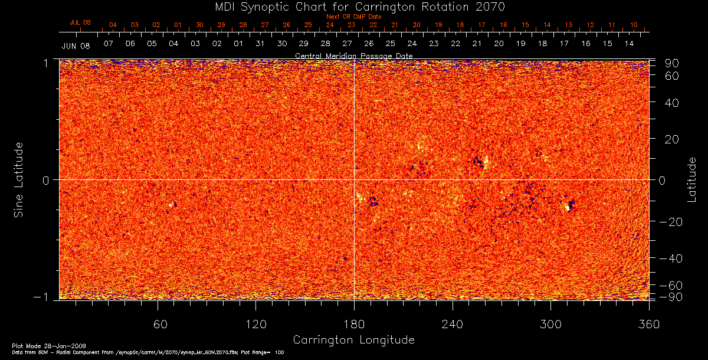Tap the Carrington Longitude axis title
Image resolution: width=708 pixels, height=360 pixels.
353,340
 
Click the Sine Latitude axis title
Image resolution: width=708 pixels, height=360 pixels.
19,179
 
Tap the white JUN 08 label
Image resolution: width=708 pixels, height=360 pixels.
76,45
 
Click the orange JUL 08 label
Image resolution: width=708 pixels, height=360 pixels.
80,22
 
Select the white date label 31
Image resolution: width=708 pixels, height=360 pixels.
260,44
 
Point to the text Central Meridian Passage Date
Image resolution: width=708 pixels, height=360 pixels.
353,55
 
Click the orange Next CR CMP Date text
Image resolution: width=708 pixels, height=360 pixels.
354,17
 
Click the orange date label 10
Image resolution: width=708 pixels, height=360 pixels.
634,25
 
